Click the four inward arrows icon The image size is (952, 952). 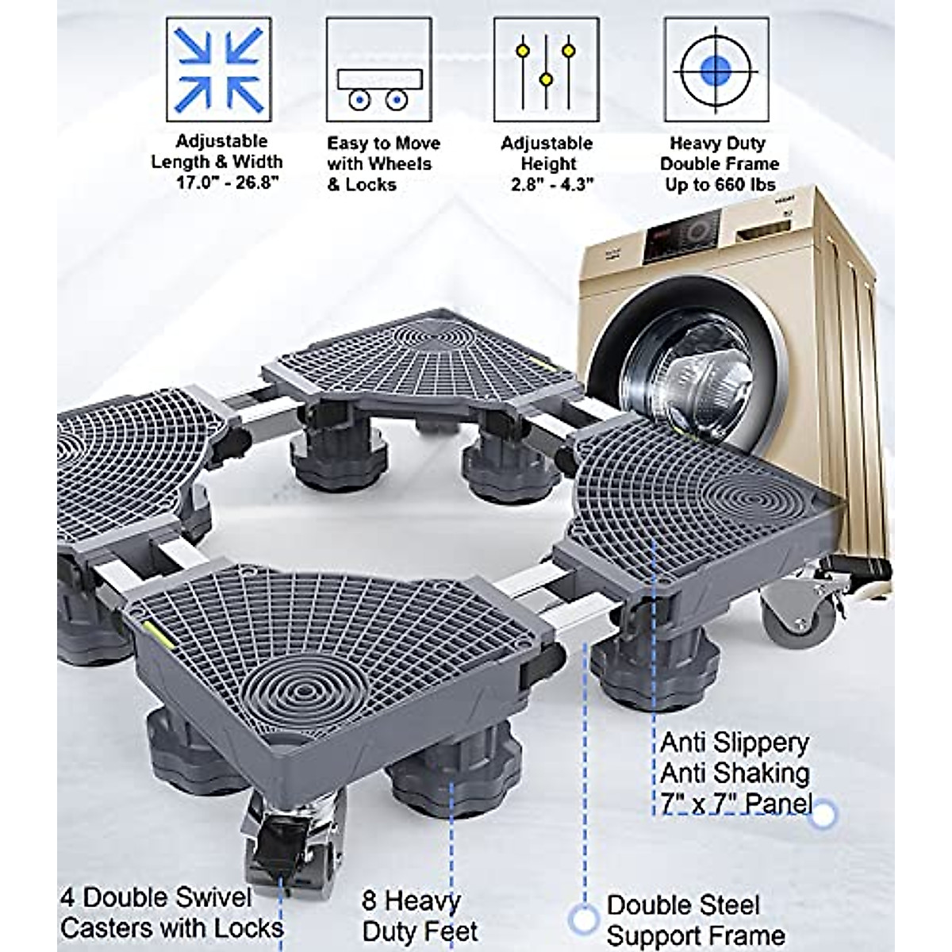coord(218,71)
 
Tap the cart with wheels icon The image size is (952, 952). coord(378,71)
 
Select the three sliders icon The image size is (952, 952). coord(546,71)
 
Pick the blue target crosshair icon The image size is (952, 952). coord(716,71)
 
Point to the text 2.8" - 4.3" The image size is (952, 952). coord(547,185)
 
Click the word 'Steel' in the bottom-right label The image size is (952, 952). coord(721,905)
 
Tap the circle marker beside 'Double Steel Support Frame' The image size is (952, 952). coord(583,919)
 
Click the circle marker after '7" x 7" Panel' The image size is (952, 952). coord(825,813)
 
